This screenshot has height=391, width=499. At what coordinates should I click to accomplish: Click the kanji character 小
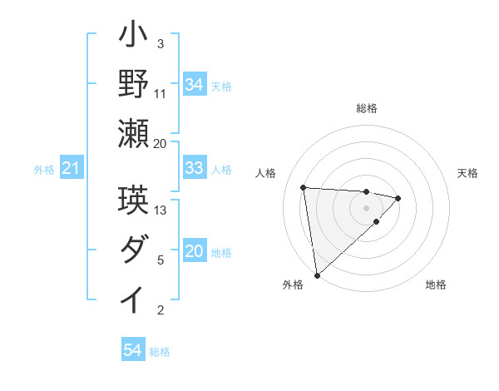click(x=133, y=38)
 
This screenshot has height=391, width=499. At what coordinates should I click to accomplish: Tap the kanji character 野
click(x=133, y=85)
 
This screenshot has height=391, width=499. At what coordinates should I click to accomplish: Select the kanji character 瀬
click(x=133, y=134)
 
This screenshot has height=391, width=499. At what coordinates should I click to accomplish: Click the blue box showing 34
click(x=195, y=84)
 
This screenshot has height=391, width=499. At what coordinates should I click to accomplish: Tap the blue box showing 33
click(x=195, y=169)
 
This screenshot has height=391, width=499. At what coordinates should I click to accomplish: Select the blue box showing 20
click(x=195, y=252)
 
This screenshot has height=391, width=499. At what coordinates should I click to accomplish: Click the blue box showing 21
click(x=72, y=169)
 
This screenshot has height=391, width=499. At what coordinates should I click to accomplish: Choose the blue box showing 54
click(x=133, y=350)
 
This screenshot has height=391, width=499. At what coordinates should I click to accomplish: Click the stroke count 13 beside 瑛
click(x=161, y=210)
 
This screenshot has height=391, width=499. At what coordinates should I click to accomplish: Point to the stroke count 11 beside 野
click(x=161, y=93)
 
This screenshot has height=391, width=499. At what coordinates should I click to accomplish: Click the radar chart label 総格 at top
click(x=367, y=108)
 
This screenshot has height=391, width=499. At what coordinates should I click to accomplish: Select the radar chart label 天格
click(x=468, y=173)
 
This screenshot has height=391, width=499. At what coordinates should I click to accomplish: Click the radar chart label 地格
click(x=436, y=285)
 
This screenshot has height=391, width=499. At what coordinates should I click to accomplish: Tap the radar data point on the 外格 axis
click(x=317, y=275)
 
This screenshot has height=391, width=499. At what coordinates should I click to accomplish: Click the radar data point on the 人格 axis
click(x=304, y=186)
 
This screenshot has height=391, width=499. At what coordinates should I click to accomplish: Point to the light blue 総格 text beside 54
click(x=160, y=352)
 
